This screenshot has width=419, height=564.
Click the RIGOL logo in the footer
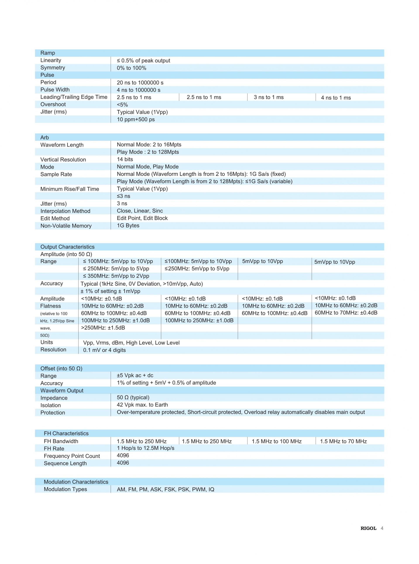point(368,528)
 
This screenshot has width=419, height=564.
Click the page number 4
point(382,528)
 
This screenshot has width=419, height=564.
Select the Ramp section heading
point(48,53)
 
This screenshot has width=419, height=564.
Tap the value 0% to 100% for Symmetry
point(131,68)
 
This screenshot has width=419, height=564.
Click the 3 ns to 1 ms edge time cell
point(269,97)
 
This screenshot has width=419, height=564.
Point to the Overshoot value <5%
point(122,105)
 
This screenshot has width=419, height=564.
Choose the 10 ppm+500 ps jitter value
point(136,119)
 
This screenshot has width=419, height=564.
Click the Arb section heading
point(45,137)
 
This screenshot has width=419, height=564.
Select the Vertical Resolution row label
point(63,159)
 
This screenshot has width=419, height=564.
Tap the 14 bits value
point(125,159)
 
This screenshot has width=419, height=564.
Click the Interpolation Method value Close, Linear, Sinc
point(140,211)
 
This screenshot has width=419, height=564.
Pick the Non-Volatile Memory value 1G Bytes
point(128,225)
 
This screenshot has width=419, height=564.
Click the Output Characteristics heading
point(67,247)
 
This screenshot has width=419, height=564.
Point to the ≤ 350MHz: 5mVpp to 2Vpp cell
point(116,276)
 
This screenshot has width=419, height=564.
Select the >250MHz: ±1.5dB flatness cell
point(103,328)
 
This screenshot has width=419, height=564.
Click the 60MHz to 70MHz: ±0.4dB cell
point(346,313)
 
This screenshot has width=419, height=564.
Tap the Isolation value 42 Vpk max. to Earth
point(142,405)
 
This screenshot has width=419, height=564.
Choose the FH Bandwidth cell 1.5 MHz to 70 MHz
point(343,441)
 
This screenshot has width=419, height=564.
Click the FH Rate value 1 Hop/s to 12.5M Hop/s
point(146,448)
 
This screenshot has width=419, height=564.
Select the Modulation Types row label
point(65,489)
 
